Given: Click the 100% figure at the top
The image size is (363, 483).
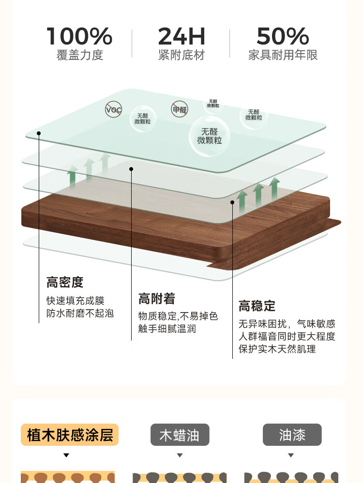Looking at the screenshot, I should pos(79,37).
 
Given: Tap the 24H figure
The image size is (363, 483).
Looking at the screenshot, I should pos(181,37).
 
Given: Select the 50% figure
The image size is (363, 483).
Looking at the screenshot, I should pos(283,37).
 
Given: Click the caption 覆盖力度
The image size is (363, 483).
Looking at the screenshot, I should pos(80,55).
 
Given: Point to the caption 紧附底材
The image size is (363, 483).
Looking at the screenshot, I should pos(181,55).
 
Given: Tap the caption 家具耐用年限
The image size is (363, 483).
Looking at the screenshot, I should pos(283,55).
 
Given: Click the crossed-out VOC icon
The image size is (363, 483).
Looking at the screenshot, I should pos(114,110).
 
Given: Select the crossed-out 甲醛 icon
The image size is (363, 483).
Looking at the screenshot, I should pos(179,109).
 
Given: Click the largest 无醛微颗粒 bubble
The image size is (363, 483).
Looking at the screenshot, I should pos(209,136).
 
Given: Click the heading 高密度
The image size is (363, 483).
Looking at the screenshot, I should pos(65,282).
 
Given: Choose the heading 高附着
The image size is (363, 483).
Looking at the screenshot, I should pos(157,298).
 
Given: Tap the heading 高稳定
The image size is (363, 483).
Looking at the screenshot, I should pos(257,306).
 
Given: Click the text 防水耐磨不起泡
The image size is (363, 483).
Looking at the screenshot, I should pos(80,313).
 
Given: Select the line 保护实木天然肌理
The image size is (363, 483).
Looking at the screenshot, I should pos(277,349).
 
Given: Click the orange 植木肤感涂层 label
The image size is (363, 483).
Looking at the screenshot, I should pos(70,435).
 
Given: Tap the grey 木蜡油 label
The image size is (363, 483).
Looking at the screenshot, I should pos(180,435).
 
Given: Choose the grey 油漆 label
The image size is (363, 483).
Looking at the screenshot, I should pos(292,435).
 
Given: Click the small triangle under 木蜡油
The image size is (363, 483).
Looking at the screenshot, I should pos(180,455).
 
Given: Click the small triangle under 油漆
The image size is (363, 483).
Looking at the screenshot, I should pos(291,455).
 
